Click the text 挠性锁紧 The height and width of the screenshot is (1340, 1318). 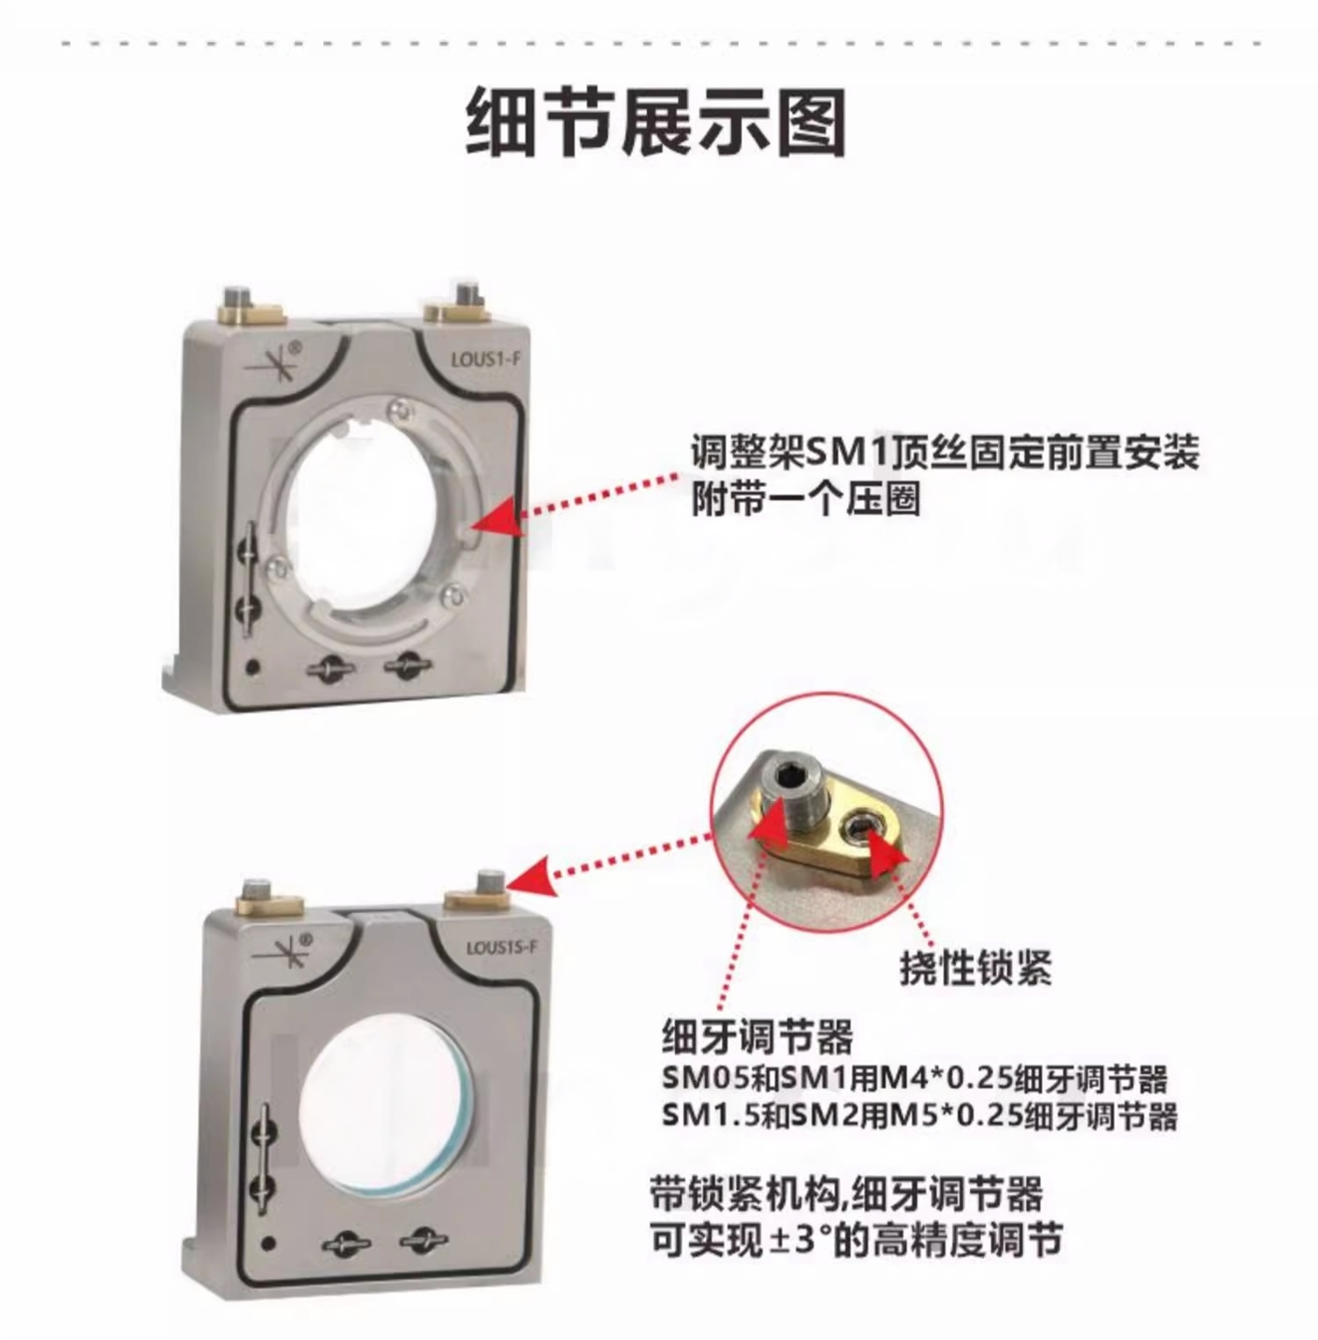click(x=975, y=969)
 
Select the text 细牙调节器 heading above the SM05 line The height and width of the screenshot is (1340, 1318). click(x=757, y=1037)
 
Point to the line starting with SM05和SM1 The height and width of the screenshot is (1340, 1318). click(x=915, y=1079)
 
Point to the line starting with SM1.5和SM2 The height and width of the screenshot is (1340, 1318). click(x=919, y=1116)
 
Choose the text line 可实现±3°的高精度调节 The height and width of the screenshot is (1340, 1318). click(x=856, y=1240)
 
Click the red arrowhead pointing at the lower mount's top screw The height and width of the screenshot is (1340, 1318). click(x=529, y=878)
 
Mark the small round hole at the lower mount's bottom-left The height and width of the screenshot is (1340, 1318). click(x=270, y=1243)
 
